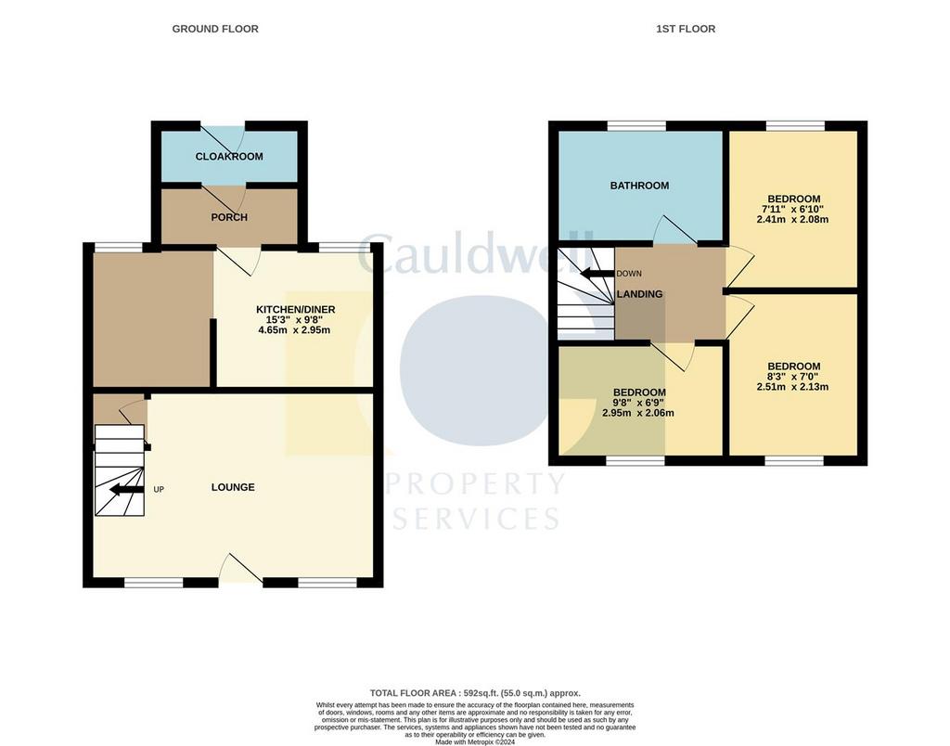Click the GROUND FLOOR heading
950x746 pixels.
215,29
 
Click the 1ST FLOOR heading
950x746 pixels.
686,29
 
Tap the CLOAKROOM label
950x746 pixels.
229,157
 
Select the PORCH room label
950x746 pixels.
229,217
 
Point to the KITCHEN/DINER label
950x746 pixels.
296,310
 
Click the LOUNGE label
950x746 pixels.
233,487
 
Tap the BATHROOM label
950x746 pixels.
640,186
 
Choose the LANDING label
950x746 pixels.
640,294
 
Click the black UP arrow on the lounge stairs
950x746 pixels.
126,489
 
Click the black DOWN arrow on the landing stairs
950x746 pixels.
597,273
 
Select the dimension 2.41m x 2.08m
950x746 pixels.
792,219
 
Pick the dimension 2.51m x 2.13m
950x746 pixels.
792,387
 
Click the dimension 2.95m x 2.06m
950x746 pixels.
638,413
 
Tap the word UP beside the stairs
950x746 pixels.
159,490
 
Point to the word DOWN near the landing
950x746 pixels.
629,274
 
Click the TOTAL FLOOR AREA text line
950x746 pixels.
475,693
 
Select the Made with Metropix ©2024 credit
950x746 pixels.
475,741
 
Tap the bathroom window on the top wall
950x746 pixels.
636,125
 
